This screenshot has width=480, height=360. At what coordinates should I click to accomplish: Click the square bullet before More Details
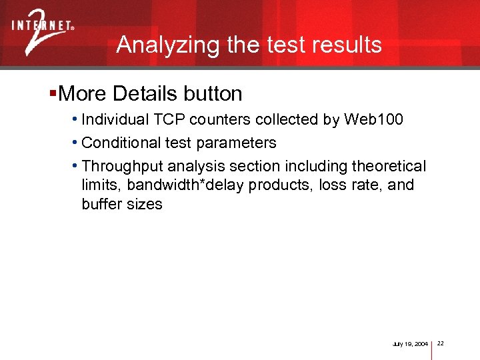[53, 93]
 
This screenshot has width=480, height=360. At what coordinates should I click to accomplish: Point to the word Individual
[113, 120]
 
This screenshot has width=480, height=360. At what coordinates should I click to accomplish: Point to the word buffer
[100, 204]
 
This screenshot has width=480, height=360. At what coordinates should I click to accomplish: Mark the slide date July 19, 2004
[410, 343]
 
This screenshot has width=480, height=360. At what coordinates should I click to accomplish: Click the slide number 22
[441, 343]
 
